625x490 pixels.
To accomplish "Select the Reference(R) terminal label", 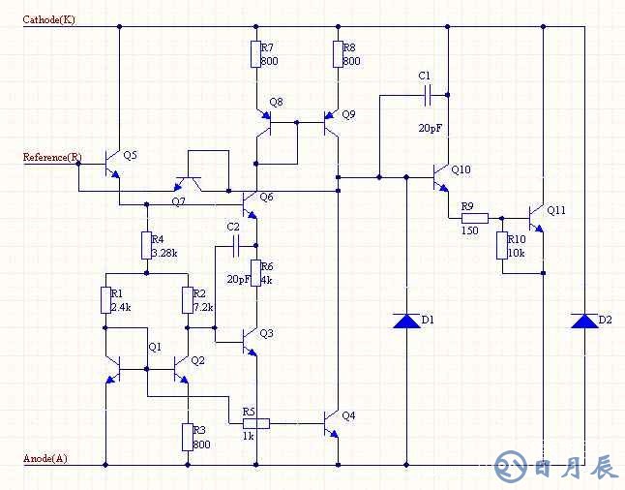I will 52,157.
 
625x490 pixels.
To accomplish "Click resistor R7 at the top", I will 255,54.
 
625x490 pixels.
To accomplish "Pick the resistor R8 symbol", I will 338,54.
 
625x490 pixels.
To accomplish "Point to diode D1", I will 406,321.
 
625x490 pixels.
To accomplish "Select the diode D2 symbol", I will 584,321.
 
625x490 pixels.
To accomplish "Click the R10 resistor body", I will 503,246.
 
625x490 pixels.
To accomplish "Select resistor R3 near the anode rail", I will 186,437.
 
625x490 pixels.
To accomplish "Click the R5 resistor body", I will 254,422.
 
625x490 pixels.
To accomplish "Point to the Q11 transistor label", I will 556,210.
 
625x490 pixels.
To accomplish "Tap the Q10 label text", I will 461,170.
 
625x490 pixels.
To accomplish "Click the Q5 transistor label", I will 131,155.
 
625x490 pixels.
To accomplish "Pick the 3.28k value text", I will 165,253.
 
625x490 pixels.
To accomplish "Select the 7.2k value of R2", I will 204,307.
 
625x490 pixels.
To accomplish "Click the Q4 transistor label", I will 348,415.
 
